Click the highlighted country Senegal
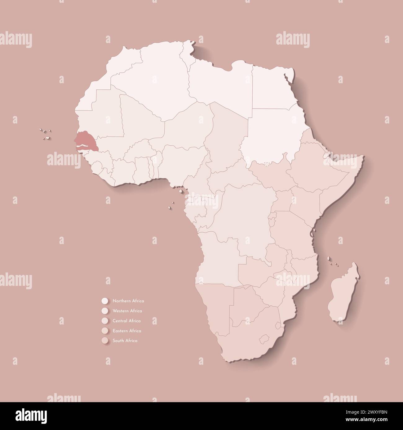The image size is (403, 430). point(87,139)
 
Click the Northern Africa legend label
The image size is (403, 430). point(128,301)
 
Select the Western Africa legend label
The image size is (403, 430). point(127,311)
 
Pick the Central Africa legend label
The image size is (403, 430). point(127,321)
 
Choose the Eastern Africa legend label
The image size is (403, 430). point(127,331)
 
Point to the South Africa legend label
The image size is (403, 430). point(125,341)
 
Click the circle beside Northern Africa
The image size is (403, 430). point(104,301)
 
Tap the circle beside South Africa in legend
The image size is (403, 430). point(104,341)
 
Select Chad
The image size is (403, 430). point(226,136)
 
